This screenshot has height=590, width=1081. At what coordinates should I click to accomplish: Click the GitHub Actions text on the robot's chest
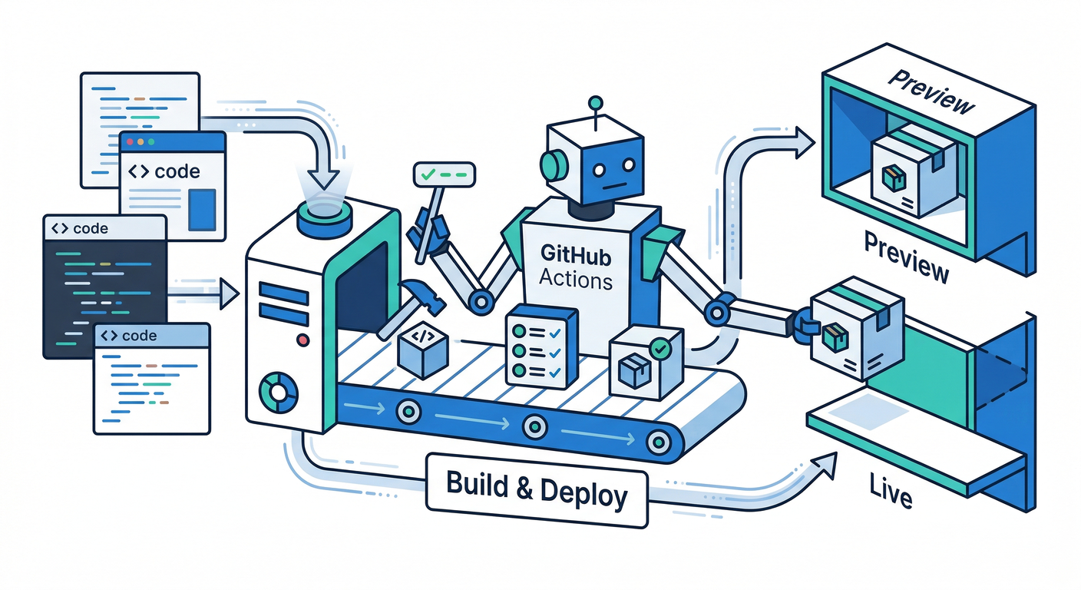tap(575, 265)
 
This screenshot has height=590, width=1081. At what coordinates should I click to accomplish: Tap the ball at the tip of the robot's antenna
tap(593, 101)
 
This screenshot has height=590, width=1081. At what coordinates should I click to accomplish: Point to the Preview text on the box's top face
tap(931, 93)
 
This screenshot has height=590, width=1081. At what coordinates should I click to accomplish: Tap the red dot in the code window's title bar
tap(130, 142)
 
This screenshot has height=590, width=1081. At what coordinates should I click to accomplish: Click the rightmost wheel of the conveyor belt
tap(657, 441)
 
